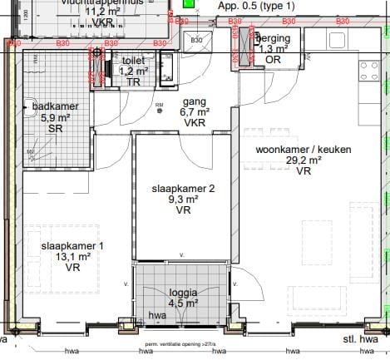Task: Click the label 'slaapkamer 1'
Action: point(72,246)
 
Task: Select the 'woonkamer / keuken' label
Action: point(303,150)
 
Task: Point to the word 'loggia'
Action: point(183,293)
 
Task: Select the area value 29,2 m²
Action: point(304,160)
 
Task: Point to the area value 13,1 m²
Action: point(72,257)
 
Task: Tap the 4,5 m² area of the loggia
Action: point(183,303)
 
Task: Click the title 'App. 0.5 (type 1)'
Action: point(256,6)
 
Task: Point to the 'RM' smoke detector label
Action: point(160,106)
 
